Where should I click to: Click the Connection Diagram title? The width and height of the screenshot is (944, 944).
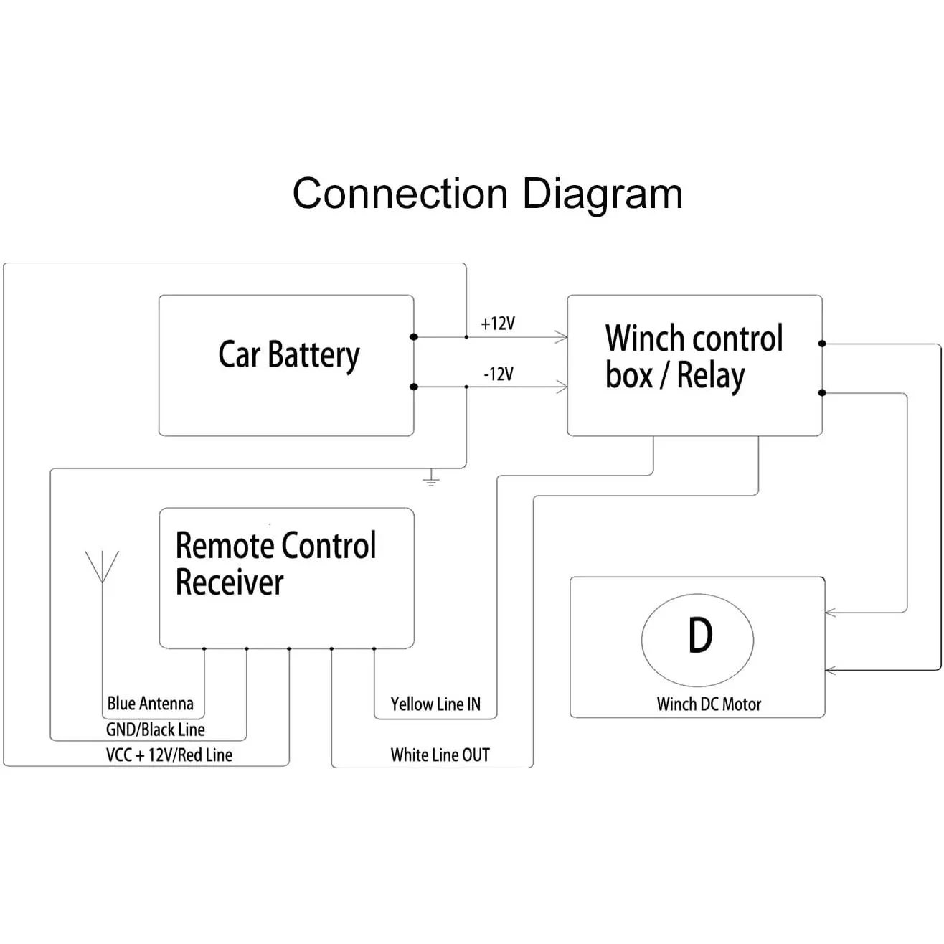click(x=487, y=194)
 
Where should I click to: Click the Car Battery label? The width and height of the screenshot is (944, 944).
click(x=288, y=355)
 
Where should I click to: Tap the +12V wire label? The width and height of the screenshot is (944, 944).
click(x=498, y=324)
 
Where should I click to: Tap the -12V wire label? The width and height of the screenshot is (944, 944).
click(x=498, y=374)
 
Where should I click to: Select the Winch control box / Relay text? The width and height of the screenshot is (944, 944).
click(x=693, y=357)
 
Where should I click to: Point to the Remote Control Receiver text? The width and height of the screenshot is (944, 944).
click(x=275, y=564)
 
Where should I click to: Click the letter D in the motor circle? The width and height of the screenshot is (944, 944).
click(x=699, y=635)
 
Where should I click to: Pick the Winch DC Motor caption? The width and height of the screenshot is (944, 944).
click(x=709, y=704)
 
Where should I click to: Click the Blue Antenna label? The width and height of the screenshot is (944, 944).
click(x=150, y=703)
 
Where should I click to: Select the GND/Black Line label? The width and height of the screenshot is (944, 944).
click(x=155, y=730)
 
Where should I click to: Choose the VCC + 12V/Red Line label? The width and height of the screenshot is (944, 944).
click(x=169, y=755)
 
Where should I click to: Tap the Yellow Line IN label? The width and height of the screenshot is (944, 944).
click(x=435, y=704)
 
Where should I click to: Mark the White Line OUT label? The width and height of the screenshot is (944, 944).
click(x=440, y=755)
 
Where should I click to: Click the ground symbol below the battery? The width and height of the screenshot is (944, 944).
click(x=430, y=478)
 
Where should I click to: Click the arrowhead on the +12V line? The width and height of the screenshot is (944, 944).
click(x=562, y=336)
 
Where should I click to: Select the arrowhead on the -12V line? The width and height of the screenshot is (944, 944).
click(x=562, y=387)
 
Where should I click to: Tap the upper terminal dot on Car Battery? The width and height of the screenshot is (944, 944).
click(x=413, y=336)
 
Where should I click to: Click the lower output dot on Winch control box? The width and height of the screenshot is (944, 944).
click(x=822, y=393)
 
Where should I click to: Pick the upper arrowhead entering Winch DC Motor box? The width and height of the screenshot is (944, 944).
click(x=831, y=613)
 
